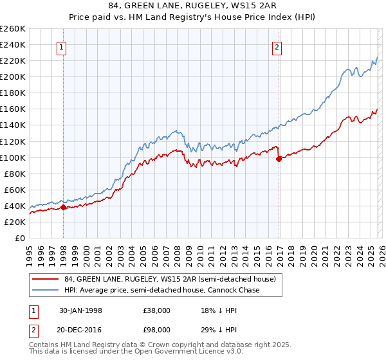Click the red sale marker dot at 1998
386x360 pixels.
[x=64, y=207]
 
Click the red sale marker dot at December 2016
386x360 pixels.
[x=278, y=159]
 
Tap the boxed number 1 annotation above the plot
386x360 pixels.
[x=62, y=46]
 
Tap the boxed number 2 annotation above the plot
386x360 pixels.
[x=277, y=46]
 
